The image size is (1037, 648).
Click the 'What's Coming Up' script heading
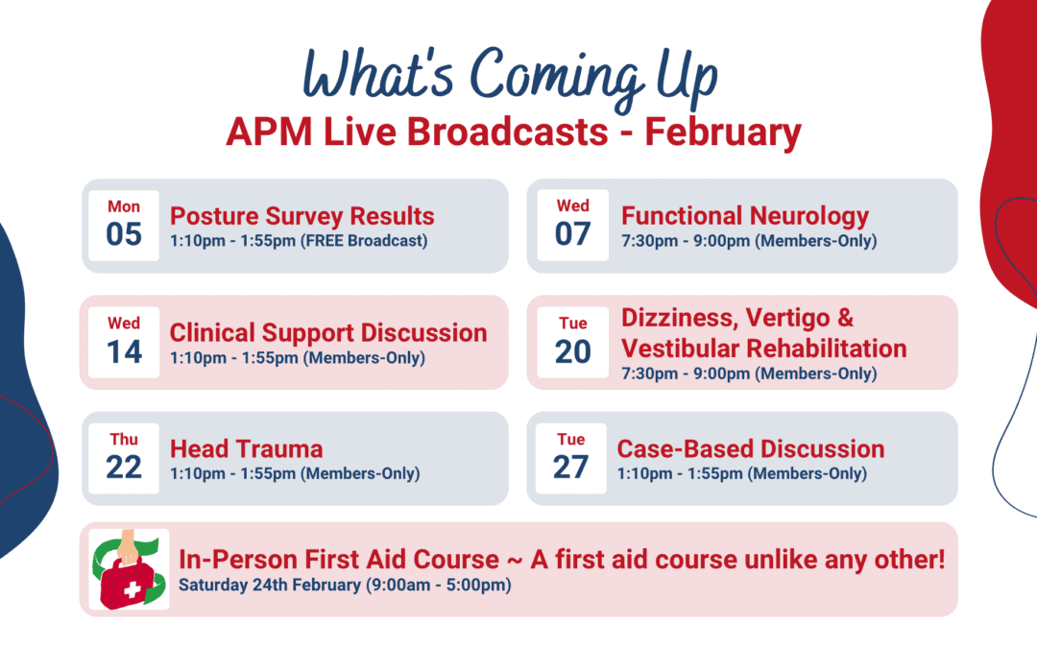tap(510, 78)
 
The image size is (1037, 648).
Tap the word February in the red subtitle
tap(723, 132)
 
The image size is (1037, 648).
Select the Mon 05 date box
tap(124, 226)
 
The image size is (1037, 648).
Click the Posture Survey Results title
tap(302, 216)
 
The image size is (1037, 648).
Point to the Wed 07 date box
tap(572, 226)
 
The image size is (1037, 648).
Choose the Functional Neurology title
tap(745, 216)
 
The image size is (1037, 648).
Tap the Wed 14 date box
tap(124, 342)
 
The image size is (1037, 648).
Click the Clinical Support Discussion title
tap(328, 332)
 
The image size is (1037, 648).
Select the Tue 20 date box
tap(572, 342)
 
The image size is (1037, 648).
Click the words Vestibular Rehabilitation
tap(764, 348)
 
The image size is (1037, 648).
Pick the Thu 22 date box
tap(124, 458)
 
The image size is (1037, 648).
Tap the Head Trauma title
tap(246, 449)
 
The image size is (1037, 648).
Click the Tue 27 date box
tap(570, 458)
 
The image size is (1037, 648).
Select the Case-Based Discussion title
tap(751, 449)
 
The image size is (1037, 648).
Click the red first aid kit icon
tap(129, 569)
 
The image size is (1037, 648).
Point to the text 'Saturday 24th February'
tap(270, 586)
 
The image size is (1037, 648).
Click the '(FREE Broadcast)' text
tap(365, 241)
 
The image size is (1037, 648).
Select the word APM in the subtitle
tap(269, 132)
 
